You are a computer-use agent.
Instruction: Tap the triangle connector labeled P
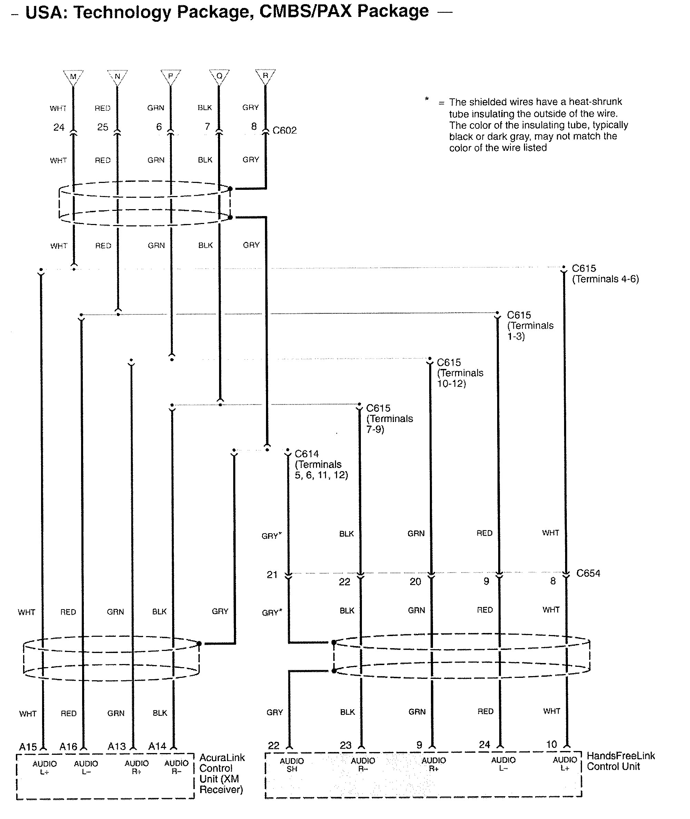[170, 76]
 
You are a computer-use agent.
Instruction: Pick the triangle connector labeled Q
[219, 76]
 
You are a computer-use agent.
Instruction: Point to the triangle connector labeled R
[265, 76]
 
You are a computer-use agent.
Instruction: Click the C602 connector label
[284, 130]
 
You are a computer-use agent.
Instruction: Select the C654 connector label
[588, 573]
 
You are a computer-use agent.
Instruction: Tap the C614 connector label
[307, 454]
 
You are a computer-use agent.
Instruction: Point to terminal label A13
[117, 747]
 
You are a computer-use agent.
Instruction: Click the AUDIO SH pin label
[292, 765]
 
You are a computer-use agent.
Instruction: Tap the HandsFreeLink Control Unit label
[620, 761]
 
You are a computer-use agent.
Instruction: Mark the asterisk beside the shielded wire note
[427, 99]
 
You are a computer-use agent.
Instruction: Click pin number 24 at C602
[59, 127]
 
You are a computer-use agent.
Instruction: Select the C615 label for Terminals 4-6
[584, 269]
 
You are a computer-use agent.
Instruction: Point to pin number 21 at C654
[272, 575]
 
